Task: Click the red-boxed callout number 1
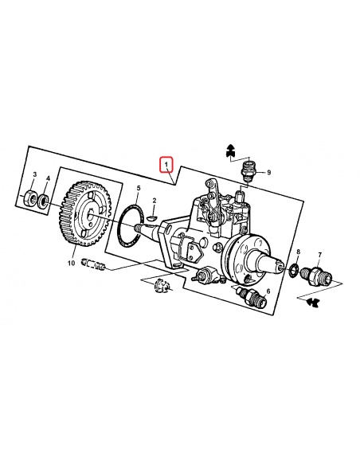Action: [166, 165]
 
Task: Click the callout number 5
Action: [137, 189]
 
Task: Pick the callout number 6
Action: [268, 292]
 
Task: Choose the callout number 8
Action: [297, 252]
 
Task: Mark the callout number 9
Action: [268, 173]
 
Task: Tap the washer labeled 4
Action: [45, 197]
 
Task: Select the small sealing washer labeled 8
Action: [294, 270]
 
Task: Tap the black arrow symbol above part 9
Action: [230, 149]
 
